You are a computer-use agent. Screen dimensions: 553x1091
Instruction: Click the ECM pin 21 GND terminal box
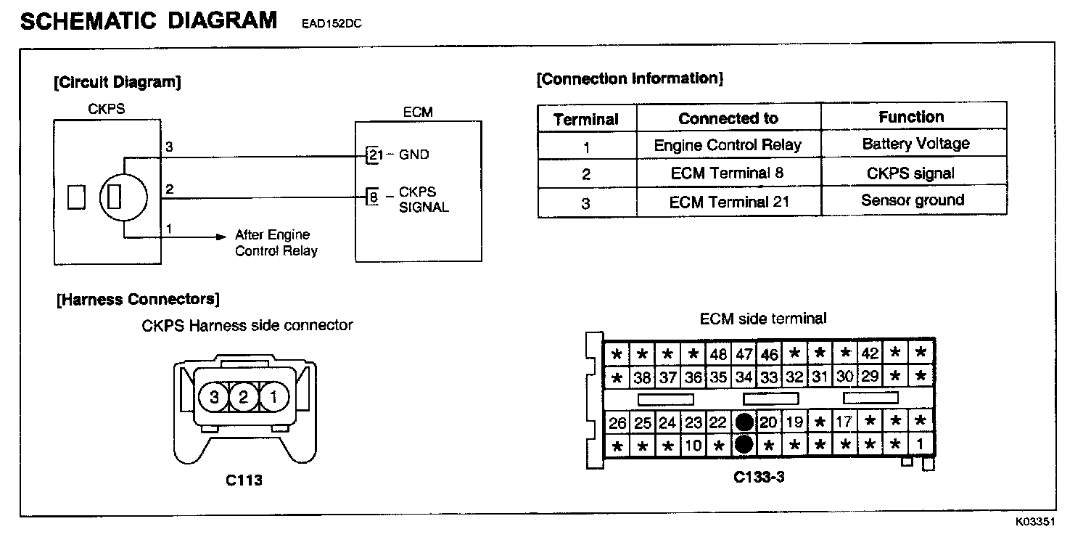click(374, 155)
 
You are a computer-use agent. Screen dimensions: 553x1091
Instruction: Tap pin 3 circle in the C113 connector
click(215, 396)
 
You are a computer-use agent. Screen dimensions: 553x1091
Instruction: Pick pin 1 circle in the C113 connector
click(273, 396)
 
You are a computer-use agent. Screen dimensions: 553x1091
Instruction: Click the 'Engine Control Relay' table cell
click(728, 145)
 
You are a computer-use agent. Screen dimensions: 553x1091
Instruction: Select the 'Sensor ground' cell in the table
click(913, 200)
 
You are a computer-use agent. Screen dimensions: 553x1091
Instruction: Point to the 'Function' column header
click(911, 117)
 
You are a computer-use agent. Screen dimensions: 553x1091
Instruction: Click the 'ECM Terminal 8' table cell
click(728, 173)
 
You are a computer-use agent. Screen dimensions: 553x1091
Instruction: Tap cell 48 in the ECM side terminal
click(718, 355)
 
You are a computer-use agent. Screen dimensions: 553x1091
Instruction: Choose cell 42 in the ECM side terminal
click(870, 355)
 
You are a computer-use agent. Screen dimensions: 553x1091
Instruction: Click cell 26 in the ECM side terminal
click(617, 422)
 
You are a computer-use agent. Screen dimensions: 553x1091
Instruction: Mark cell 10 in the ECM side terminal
click(693, 445)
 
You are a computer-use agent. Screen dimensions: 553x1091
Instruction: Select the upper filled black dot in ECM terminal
click(744, 422)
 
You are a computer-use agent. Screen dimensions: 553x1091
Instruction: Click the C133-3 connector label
click(759, 477)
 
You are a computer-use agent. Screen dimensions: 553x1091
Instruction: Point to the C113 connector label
click(244, 480)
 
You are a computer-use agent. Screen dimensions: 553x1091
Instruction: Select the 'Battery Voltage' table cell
click(915, 144)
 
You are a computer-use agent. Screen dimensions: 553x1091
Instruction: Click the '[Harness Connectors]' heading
click(138, 299)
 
